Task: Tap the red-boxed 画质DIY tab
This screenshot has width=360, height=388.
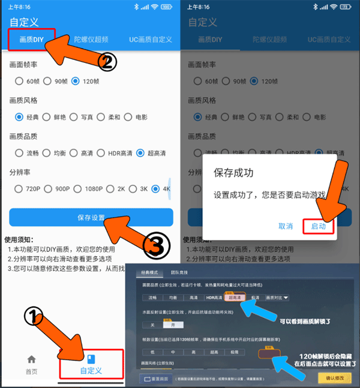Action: tap(31, 40)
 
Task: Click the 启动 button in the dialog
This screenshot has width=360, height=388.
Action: tap(318, 226)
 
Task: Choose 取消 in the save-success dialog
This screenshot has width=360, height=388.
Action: tap(286, 226)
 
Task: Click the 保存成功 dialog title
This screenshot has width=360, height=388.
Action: tap(233, 173)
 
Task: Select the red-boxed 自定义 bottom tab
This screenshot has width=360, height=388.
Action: tap(91, 365)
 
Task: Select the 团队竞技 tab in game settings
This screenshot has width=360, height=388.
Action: tap(178, 273)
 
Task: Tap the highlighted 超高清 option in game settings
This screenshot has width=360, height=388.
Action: tap(233, 297)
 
